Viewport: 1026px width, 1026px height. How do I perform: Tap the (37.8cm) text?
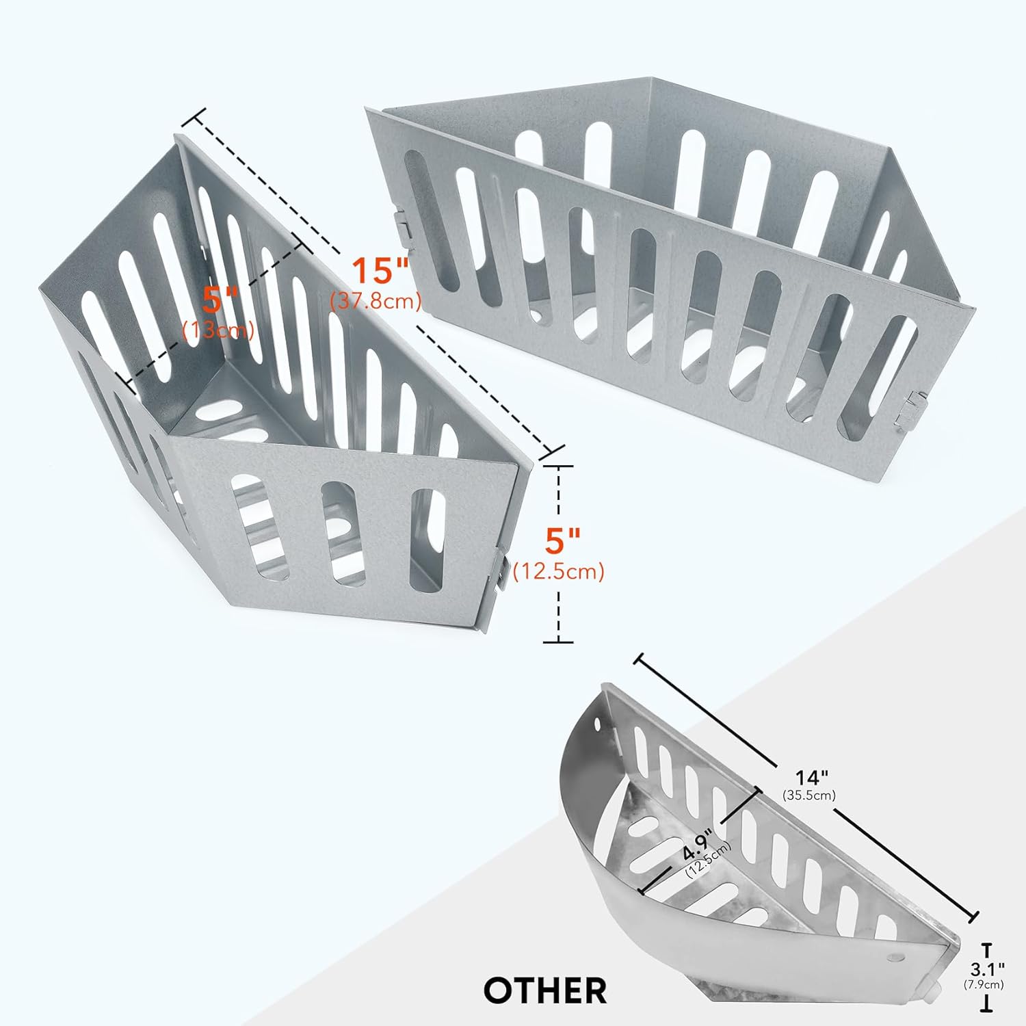(x=376, y=300)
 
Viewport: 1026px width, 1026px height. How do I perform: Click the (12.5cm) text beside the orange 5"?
(x=559, y=570)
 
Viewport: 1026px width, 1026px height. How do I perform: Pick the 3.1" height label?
(x=988, y=969)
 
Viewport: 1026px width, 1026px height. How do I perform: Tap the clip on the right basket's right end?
(x=910, y=410)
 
